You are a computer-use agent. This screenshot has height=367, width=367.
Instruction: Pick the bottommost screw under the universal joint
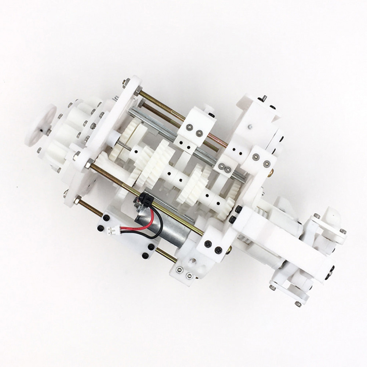pyautogui.click(x=298, y=304)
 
